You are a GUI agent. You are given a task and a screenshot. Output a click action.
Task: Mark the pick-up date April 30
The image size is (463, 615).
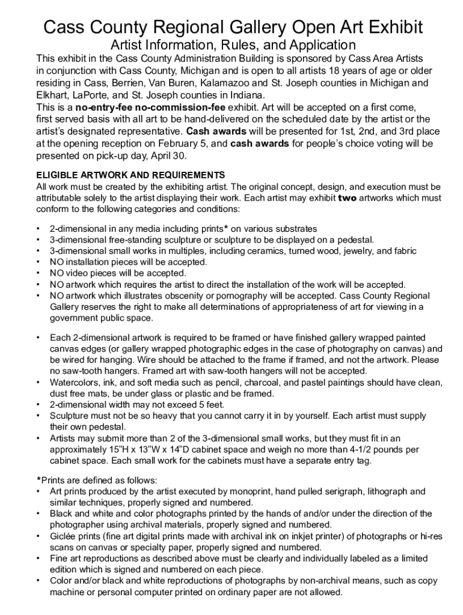(x=171, y=156)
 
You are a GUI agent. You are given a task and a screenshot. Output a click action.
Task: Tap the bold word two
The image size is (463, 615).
(x=348, y=198)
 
